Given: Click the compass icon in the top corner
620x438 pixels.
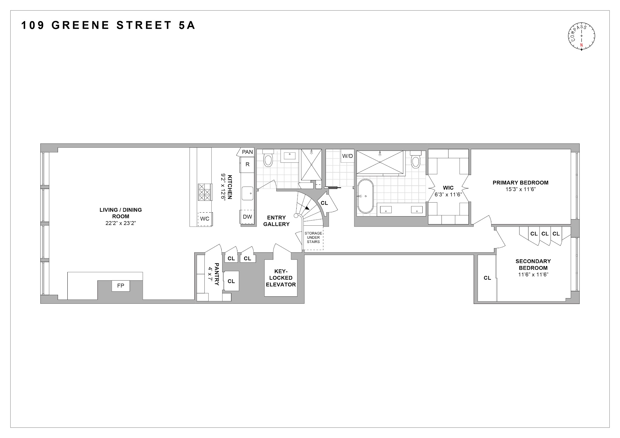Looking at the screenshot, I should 581,36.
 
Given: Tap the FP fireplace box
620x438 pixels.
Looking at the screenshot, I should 121,286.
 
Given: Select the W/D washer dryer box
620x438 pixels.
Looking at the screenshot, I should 347,156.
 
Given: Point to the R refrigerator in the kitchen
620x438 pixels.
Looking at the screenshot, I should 247,165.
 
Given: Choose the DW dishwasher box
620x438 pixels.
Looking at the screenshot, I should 247,217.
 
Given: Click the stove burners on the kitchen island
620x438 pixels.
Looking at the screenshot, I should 204,192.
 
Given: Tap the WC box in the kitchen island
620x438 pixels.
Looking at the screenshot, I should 205,219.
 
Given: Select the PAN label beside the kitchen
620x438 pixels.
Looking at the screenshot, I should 247,152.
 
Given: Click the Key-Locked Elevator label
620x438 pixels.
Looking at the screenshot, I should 281,278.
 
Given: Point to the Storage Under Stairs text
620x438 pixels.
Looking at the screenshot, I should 313,238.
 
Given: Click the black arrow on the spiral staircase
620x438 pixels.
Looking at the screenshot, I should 307,208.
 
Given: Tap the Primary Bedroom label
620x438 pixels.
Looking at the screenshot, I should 520,183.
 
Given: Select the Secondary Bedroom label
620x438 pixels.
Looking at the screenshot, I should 533,264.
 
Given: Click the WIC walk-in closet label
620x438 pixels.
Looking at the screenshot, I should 448,188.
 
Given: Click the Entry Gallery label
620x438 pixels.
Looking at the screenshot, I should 276,221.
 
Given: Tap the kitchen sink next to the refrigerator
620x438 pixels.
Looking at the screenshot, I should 247,193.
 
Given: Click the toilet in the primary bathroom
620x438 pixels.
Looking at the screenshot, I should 415,160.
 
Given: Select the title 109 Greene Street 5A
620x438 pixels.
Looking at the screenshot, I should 108,25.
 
